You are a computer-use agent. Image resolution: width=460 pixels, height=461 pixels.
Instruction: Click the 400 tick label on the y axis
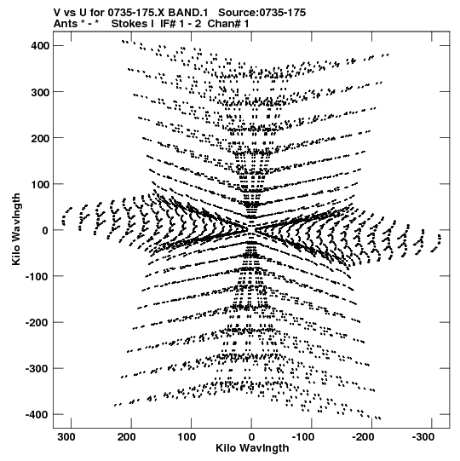(40, 46)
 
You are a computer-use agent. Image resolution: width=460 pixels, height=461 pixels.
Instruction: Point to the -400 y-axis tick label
(37, 415)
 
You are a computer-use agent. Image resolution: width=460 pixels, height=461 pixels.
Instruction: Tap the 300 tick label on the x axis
(66, 437)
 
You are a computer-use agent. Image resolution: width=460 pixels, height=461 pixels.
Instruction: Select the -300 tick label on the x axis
(423, 437)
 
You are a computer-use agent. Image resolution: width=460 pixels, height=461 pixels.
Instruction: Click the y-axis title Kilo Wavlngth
(16, 229)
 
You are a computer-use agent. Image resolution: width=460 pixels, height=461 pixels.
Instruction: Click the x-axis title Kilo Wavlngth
(252, 448)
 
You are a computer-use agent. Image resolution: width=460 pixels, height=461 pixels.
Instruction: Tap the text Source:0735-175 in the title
(262, 13)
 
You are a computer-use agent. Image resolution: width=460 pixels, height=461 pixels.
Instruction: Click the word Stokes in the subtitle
(132, 24)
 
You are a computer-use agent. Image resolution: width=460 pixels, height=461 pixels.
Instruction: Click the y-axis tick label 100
(40, 184)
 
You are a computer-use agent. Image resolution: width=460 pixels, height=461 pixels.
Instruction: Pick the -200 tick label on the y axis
(37, 322)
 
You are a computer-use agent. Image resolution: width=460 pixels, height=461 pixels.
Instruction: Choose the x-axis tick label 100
(187, 437)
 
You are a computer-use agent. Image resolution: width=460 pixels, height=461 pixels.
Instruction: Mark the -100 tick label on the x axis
(303, 437)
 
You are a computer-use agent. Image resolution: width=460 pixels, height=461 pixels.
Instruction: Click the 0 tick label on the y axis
(45, 230)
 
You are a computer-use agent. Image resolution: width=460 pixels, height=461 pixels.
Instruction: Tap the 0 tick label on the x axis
(251, 437)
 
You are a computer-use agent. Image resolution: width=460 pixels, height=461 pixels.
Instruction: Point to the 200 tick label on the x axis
(126, 437)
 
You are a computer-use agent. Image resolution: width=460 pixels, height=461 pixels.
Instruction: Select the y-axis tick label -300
(37, 369)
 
